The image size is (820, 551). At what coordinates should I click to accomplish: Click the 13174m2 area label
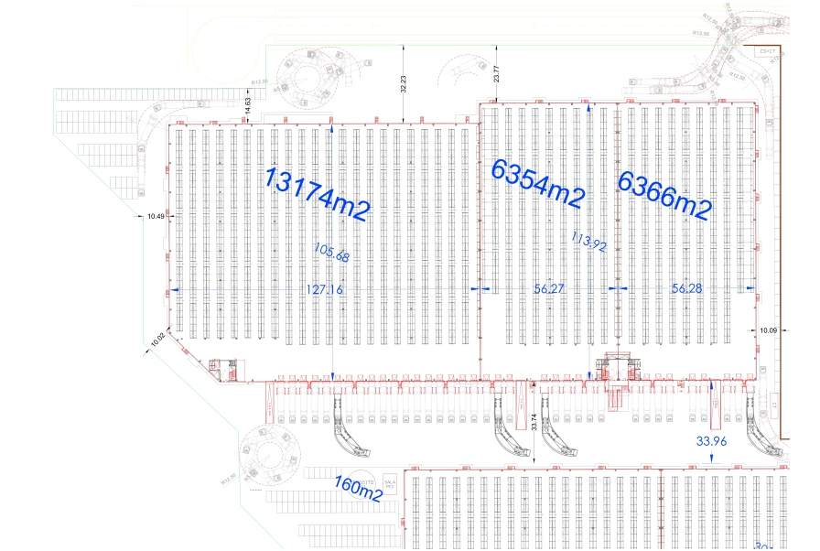pos(317,193)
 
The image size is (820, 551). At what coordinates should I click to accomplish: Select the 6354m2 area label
pos(537,181)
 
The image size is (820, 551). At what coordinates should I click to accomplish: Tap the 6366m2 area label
pos(664,194)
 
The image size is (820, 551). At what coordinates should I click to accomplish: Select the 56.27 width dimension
pos(549,288)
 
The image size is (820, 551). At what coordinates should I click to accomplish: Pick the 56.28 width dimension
pos(687,288)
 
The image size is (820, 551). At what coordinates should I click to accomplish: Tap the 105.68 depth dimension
pos(330,252)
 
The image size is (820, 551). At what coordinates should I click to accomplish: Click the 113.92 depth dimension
pos(589,244)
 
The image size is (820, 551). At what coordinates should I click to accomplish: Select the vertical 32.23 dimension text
pos(404,85)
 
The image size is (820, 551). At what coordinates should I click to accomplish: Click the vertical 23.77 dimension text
pos(497,74)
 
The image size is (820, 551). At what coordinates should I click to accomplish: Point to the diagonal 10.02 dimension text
pos(157,339)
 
